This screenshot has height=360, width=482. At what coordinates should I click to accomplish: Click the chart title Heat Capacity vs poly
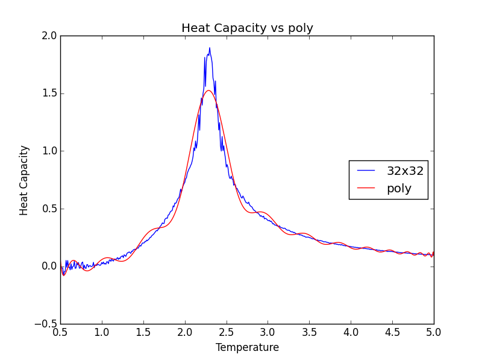tap(247, 28)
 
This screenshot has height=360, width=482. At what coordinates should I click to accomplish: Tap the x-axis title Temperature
tap(247, 348)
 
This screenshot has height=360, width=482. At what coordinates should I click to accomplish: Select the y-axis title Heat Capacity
tap(24, 180)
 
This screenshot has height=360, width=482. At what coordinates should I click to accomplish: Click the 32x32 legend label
tap(405, 171)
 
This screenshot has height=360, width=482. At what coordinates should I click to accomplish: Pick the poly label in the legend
tap(399, 189)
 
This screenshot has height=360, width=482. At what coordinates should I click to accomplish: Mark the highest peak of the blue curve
tap(210, 48)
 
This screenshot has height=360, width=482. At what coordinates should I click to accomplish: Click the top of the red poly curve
tap(208, 90)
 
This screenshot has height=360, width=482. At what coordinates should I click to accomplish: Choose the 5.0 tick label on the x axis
tap(433, 332)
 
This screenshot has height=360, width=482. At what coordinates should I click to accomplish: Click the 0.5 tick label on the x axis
tap(60, 332)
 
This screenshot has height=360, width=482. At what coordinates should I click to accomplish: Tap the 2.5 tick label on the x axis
tap(226, 332)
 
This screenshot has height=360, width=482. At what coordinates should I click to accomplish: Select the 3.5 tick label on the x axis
tap(309, 332)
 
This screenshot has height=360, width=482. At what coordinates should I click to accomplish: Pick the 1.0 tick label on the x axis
tap(102, 332)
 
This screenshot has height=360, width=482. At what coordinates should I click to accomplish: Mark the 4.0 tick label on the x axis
tap(351, 332)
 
